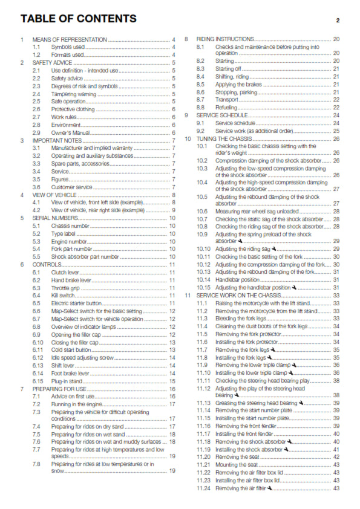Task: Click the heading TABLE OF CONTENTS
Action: click(78, 19)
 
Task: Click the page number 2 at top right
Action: click(338, 21)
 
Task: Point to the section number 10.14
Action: click(204, 279)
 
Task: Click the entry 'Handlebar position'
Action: click(240, 279)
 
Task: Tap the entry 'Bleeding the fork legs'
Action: click(244, 318)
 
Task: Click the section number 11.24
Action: click(204, 488)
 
